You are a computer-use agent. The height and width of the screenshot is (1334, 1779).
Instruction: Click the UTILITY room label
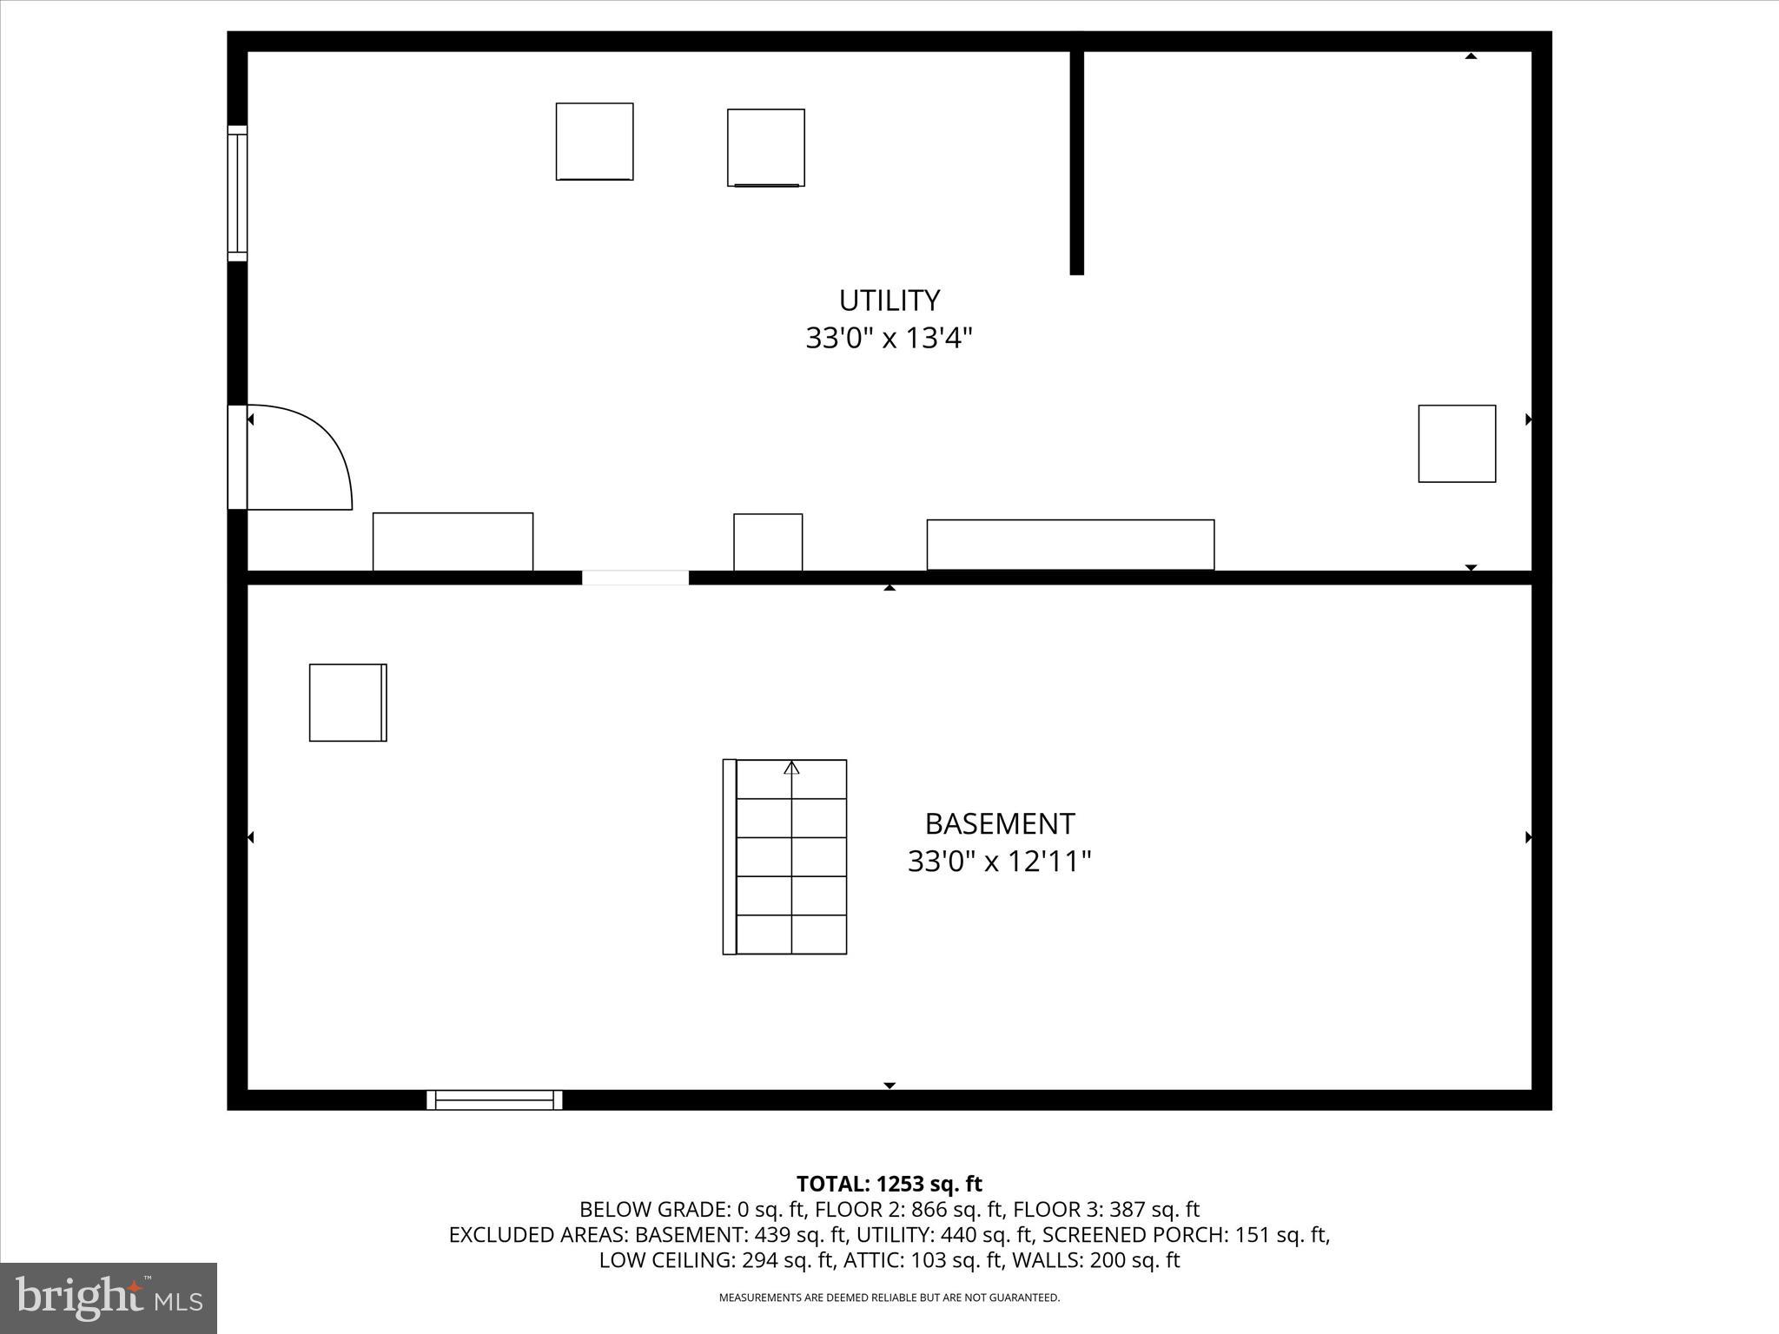click(x=889, y=300)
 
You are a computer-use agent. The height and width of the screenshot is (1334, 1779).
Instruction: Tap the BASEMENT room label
click(x=999, y=823)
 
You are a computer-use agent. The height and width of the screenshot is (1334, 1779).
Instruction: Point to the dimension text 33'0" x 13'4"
click(x=889, y=338)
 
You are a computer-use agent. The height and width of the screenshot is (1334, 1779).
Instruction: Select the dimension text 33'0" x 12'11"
click(x=999, y=862)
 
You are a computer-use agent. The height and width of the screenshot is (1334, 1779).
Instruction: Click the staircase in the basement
click(x=785, y=857)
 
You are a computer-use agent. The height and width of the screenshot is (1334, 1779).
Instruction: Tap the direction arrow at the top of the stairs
click(x=791, y=768)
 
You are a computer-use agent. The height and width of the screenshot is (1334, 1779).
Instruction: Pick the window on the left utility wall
click(x=237, y=193)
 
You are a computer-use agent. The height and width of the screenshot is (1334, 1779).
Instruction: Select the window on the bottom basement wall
click(x=494, y=1100)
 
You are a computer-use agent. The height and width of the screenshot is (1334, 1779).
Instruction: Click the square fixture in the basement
click(x=347, y=703)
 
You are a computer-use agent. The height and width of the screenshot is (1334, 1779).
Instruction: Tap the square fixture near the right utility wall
click(x=1457, y=444)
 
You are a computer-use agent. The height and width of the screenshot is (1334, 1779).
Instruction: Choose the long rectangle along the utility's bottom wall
click(x=1070, y=545)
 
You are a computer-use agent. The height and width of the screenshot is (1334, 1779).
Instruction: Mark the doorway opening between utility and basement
click(x=635, y=578)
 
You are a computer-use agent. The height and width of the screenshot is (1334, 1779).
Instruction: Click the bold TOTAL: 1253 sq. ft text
click(x=889, y=1184)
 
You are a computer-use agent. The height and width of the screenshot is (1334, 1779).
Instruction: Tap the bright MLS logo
click(x=109, y=1298)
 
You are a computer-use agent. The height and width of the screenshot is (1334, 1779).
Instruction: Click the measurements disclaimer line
click(x=889, y=1298)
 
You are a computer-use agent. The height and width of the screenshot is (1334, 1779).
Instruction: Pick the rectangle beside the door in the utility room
click(x=453, y=542)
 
